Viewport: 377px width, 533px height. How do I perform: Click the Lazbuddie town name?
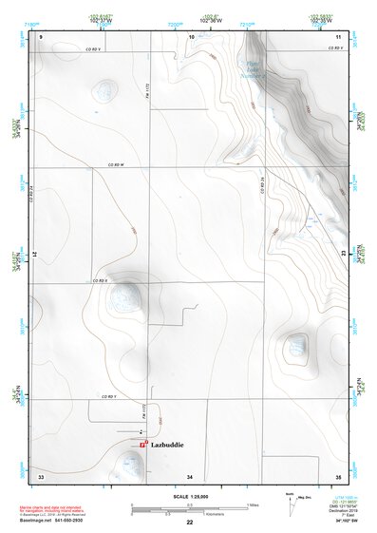[166, 445]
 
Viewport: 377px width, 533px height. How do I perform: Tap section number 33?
[41, 474]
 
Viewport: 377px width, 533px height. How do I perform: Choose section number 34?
[190, 474]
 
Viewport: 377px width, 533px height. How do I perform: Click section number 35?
[338, 474]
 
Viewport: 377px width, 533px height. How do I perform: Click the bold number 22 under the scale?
[189, 523]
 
